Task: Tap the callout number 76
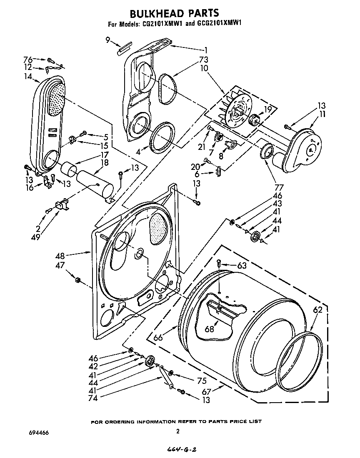point(27,59)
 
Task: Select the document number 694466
point(37,433)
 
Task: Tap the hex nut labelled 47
point(77,279)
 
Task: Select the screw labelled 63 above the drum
point(219,262)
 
